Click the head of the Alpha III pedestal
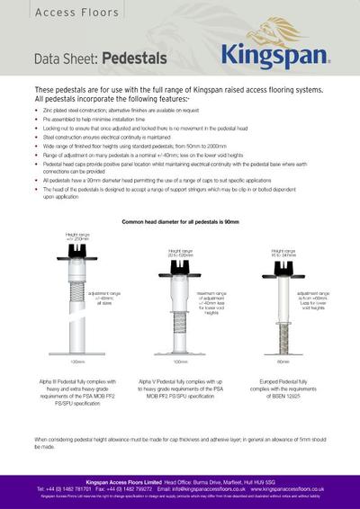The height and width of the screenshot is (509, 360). tap(76, 247)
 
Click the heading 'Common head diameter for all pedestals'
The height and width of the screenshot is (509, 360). tap(179, 220)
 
